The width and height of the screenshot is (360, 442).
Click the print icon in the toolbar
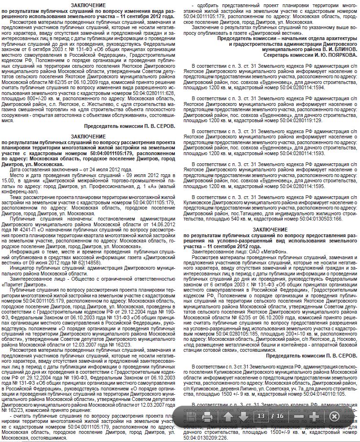(207, 416)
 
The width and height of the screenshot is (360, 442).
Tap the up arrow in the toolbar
(229, 416)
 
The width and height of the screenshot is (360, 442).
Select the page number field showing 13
(261, 416)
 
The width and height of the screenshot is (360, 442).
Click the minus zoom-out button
(299, 416)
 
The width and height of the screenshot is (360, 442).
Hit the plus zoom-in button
(315, 416)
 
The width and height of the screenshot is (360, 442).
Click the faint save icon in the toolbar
(190, 416)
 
